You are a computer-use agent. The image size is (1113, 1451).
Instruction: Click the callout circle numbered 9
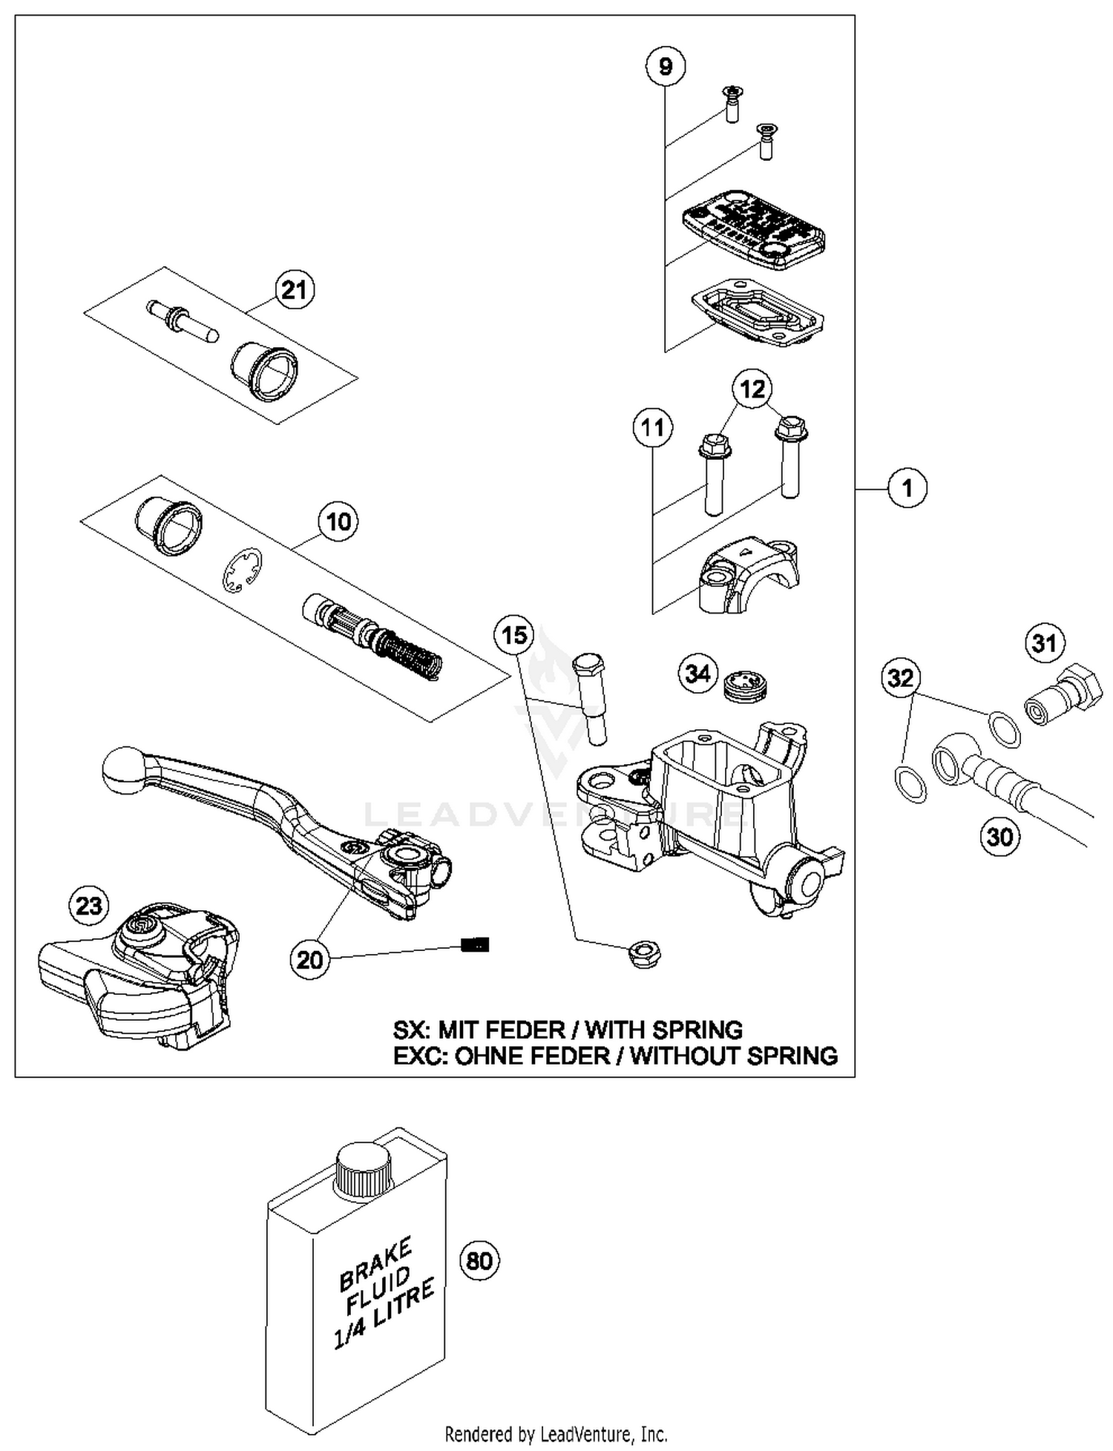[x=665, y=67]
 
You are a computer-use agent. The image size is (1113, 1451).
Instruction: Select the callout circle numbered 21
[x=295, y=289]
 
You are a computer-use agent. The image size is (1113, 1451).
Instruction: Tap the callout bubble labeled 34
[x=697, y=674]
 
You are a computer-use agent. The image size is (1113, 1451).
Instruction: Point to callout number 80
[x=479, y=1260]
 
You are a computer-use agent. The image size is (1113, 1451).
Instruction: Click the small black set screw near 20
[x=475, y=944]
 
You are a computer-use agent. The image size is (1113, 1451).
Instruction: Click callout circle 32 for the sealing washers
[x=901, y=677]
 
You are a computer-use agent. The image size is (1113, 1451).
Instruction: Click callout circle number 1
[x=907, y=488]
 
